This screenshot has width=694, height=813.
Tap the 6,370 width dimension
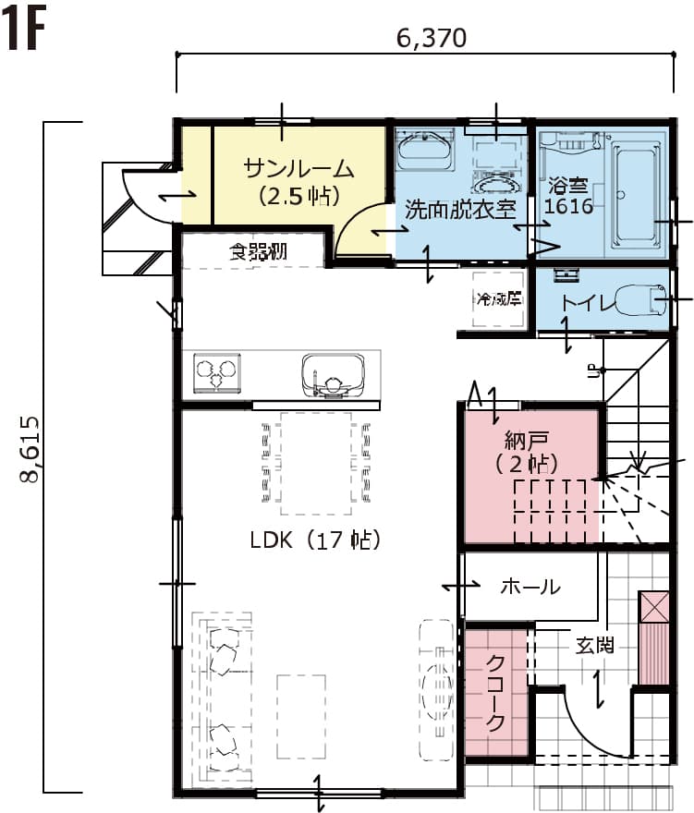[430, 38]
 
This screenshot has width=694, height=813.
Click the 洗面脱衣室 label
[460, 209]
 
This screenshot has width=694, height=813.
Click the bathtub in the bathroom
[638, 195]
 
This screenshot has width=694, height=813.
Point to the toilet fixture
[638, 300]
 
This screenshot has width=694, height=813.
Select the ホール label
[530, 586]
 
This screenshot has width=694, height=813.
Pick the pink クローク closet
[495, 691]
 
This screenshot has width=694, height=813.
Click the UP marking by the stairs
[592, 371]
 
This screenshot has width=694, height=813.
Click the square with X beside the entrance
[653, 607]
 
